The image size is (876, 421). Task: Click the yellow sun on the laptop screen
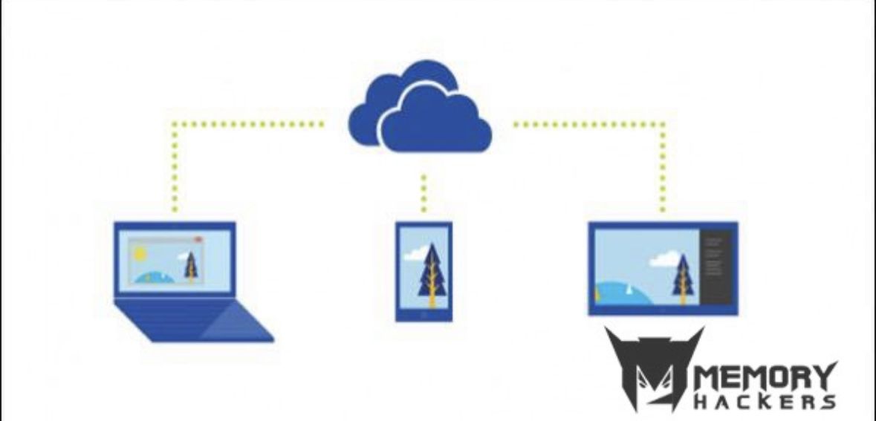pos(140,254)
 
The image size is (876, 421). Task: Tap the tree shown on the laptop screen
pos(191,267)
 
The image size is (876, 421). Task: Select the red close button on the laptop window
pos(198,240)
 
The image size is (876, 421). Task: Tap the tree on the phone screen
pos(432,275)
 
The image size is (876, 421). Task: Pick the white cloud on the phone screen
pos(415,254)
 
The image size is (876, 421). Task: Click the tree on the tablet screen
pos(683,279)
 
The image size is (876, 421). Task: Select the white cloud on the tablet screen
pos(666,258)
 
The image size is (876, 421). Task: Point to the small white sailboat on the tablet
pos(629,290)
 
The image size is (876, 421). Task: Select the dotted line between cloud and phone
pos(424,193)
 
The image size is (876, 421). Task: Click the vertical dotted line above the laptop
pos(175,168)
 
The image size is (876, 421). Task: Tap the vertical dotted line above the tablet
pos(663,168)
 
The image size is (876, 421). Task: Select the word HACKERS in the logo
pos(765,402)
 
